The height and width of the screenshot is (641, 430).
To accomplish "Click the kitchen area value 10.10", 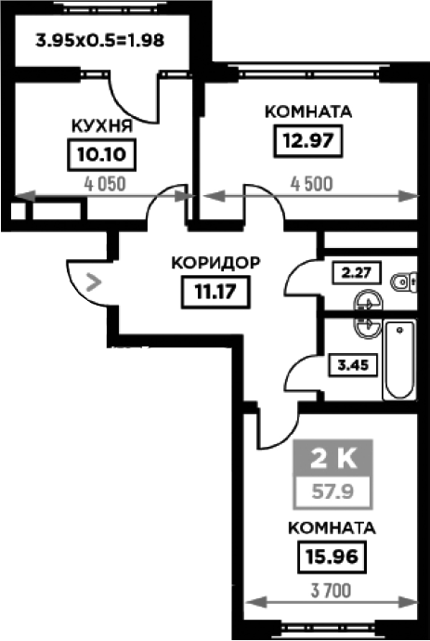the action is click(x=102, y=155).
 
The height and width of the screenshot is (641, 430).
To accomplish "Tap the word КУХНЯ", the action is click(x=102, y=126).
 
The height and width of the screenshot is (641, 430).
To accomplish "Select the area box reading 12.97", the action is click(x=308, y=141).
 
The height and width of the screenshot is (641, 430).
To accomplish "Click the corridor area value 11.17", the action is click(x=215, y=292).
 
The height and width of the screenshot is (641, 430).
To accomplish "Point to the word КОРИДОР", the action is click(x=215, y=263).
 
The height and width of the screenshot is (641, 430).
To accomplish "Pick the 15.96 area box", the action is click(x=332, y=556).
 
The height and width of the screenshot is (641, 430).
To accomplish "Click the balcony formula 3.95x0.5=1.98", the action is click(x=100, y=41).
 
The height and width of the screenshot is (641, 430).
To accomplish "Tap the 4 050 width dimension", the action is click(x=105, y=184).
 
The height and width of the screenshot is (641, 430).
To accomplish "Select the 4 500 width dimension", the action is click(x=311, y=184).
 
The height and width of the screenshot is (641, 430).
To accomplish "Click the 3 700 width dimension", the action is click(x=331, y=591).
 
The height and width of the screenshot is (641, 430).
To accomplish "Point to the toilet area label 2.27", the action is click(x=358, y=272).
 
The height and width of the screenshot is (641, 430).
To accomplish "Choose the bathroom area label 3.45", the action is click(x=352, y=365).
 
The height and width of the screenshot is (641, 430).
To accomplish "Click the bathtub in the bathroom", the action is click(x=399, y=360).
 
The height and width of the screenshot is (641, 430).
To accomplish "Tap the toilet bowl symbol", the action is click(x=404, y=281).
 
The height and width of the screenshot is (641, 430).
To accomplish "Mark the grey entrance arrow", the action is click(x=94, y=282).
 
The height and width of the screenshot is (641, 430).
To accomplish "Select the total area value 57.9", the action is click(x=332, y=491).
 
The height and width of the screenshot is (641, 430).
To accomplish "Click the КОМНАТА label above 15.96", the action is click(x=332, y=528).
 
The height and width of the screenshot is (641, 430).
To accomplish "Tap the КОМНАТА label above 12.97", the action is click(x=308, y=111).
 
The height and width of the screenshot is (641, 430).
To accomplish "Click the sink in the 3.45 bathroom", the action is click(x=368, y=324).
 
